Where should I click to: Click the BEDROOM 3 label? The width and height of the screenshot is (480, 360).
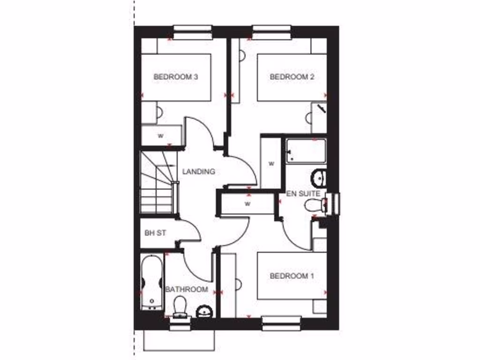click(175, 77)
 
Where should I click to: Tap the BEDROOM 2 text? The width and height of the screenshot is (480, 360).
click(292, 77)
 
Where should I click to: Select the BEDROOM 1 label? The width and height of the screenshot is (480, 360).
click(292, 276)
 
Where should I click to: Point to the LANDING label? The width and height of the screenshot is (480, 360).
click(199, 172)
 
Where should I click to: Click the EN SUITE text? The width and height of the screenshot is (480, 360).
click(303, 194)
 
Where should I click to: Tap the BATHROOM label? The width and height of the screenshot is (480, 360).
click(187, 290)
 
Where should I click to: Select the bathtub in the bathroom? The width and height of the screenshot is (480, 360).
click(151, 283)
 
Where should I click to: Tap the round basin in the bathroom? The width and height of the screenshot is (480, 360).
click(204, 311)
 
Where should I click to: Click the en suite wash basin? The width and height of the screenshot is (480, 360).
click(319, 177)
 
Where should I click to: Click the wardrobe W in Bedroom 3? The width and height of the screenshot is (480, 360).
click(161, 136)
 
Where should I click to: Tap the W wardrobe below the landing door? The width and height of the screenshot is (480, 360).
click(247, 204)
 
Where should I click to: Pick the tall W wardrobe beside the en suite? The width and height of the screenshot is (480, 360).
click(271, 163)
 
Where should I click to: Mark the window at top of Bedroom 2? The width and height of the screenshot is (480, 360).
click(272, 32)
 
